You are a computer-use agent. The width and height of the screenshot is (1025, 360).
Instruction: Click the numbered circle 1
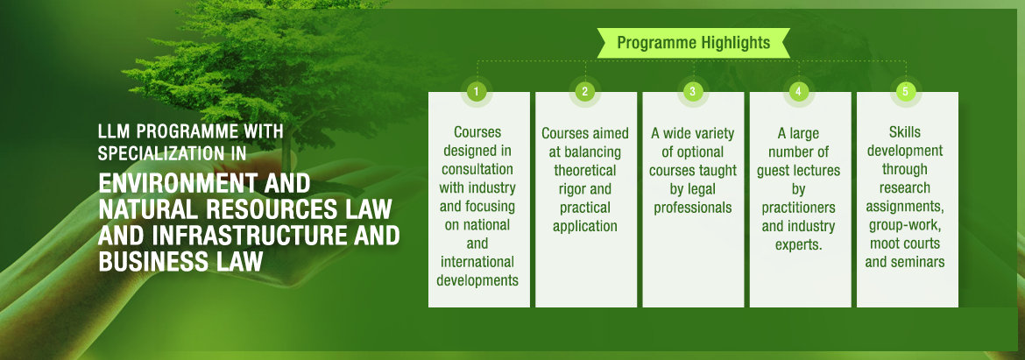point(477,91)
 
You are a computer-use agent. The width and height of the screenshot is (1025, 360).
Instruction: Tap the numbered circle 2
point(584,91)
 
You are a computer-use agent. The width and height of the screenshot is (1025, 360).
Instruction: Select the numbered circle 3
point(692,91)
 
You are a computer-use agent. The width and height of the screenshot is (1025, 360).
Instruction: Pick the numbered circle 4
point(798,91)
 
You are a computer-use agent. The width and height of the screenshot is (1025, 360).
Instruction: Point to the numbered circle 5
point(905,91)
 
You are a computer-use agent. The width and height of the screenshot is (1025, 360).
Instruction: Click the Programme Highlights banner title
point(694,43)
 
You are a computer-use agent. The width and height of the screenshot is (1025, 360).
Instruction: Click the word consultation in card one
point(477,169)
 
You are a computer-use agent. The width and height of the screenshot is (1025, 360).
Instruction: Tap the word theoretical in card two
point(585,171)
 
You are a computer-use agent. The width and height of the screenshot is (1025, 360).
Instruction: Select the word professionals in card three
point(693,208)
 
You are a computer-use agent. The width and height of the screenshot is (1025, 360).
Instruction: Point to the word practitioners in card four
point(799,208)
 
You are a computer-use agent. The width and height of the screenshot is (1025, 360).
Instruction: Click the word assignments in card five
point(905,207)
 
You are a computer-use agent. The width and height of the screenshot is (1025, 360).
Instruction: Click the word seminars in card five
point(916,263)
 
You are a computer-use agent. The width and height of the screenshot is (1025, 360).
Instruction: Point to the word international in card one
point(477,263)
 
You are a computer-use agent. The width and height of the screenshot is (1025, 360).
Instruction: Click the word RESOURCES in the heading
point(274,209)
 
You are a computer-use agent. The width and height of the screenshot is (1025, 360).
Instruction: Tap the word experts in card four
point(799,245)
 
